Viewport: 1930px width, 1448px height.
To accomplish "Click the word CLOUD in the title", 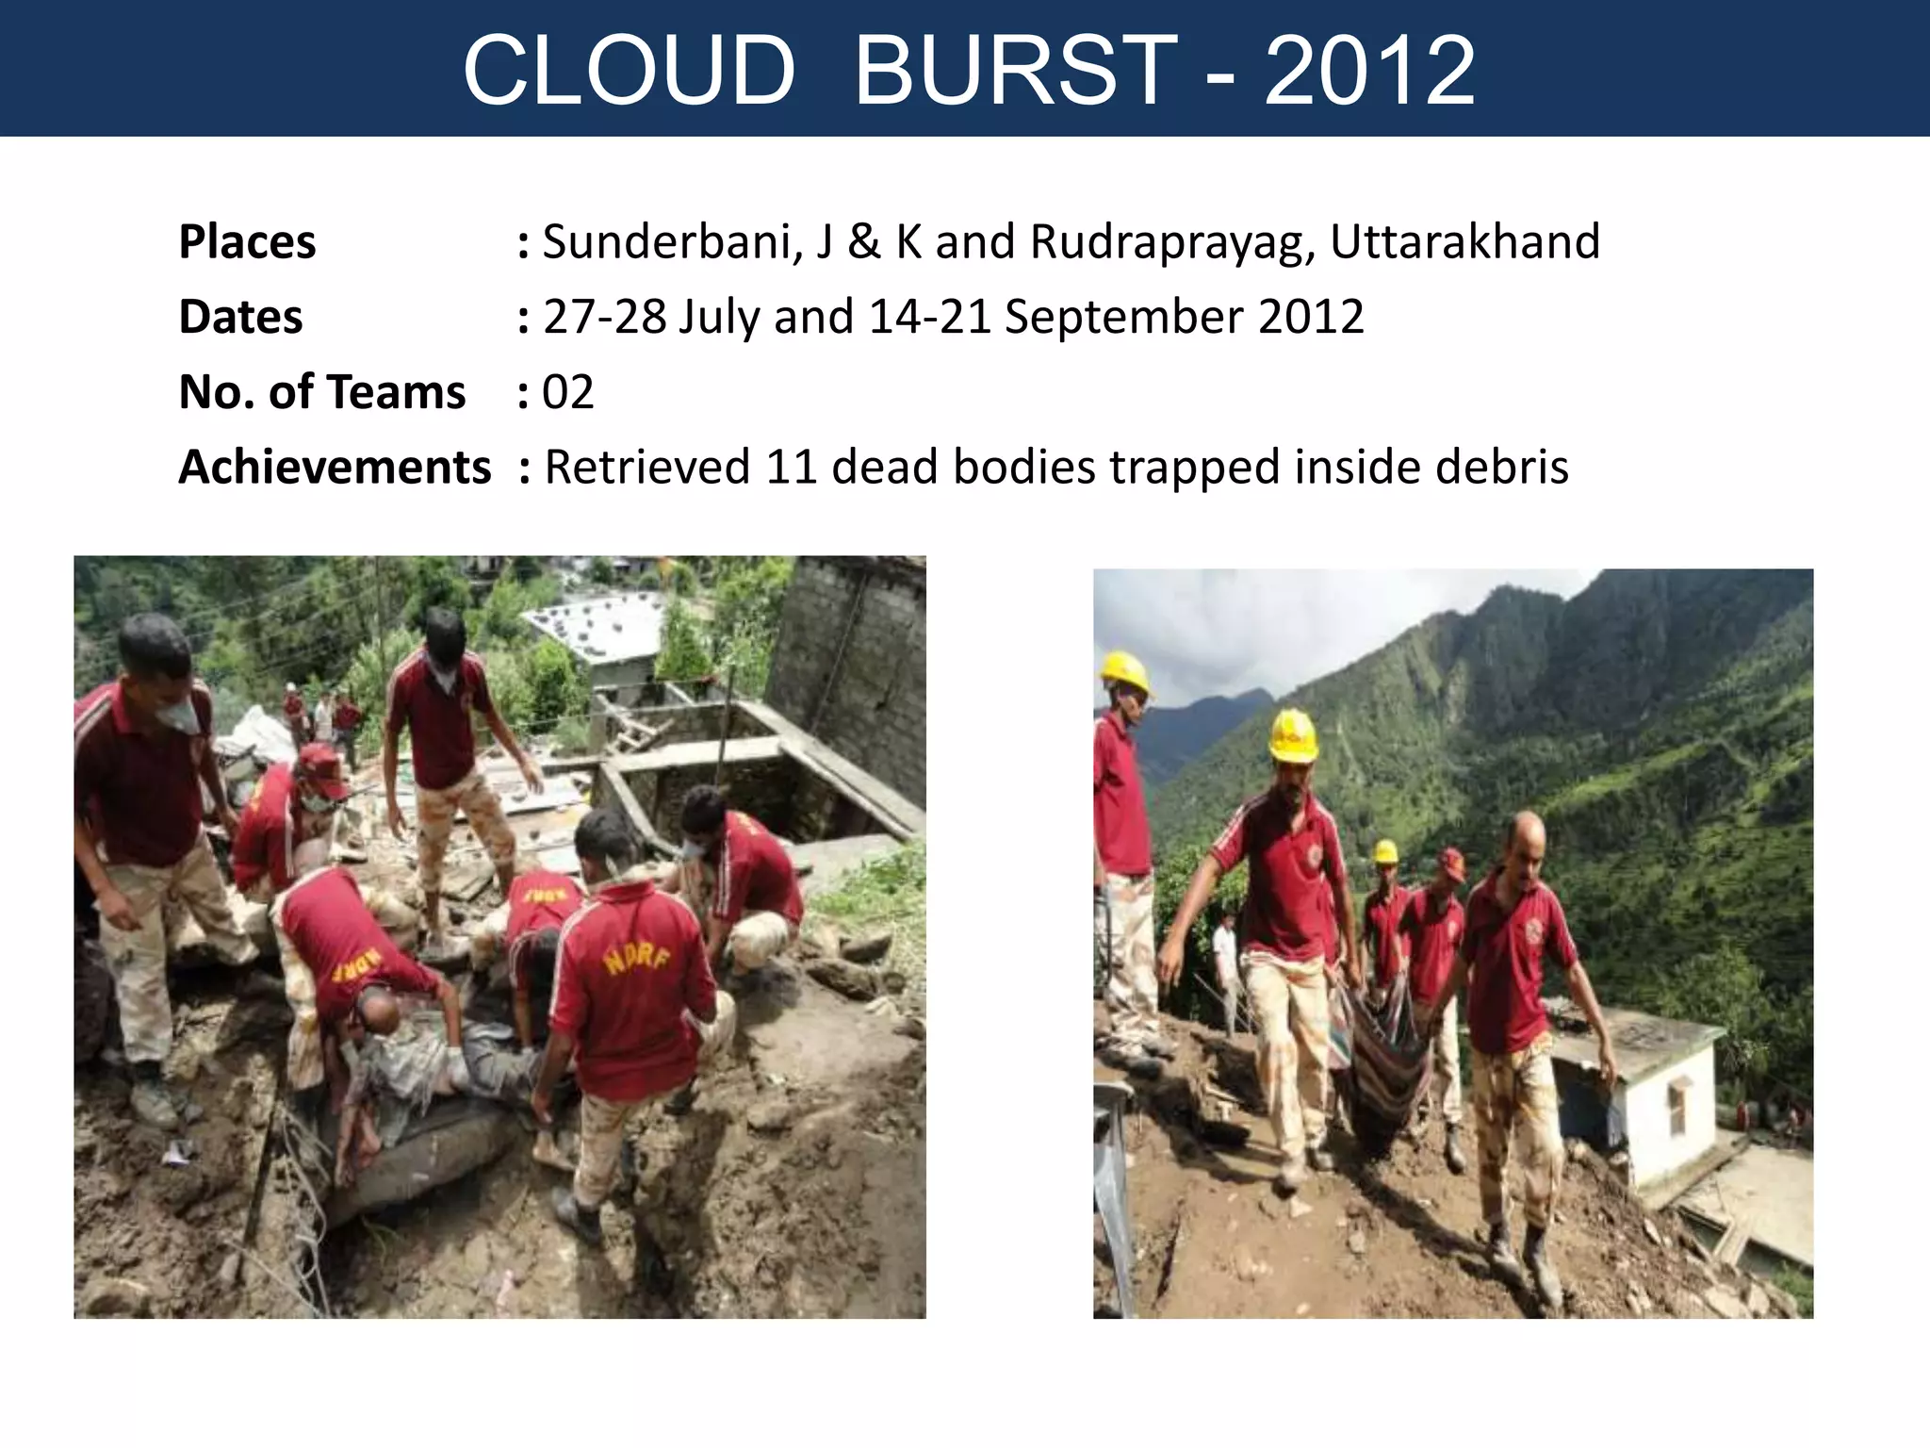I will (x=629, y=70).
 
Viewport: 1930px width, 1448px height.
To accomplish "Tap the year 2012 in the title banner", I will (x=1369, y=70).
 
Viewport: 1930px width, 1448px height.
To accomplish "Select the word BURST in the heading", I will (x=1015, y=70).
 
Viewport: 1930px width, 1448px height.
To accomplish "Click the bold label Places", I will (x=247, y=241).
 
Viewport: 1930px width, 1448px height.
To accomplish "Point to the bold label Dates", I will (x=240, y=317).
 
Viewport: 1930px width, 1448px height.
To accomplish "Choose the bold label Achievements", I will (x=335, y=467).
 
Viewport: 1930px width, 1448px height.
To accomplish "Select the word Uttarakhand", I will (x=1464, y=241).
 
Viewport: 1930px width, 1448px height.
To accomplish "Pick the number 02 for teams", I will (x=568, y=392).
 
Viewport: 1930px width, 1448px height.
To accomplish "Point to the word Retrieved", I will (x=647, y=467).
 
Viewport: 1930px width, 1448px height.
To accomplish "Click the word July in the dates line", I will (x=718, y=318).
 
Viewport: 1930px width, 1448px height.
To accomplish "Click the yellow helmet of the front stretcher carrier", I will (x=1292, y=734).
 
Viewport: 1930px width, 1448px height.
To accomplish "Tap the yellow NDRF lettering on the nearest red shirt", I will (x=637, y=959).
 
